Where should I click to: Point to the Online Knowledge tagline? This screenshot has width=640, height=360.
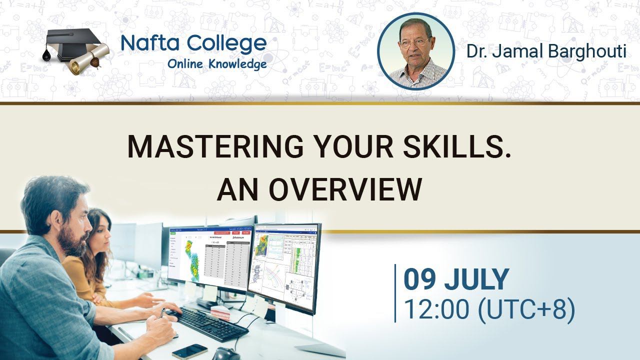pyautogui.click(x=216, y=64)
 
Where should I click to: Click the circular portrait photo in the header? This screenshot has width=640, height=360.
pyautogui.click(x=415, y=51)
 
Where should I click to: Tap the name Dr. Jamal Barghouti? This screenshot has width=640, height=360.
pyautogui.click(x=546, y=51)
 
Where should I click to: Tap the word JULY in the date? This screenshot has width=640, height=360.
pyautogui.click(x=477, y=280)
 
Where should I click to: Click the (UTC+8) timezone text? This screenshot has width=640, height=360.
pyautogui.click(x=526, y=309)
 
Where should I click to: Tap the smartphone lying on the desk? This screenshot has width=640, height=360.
pyautogui.click(x=189, y=351)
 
